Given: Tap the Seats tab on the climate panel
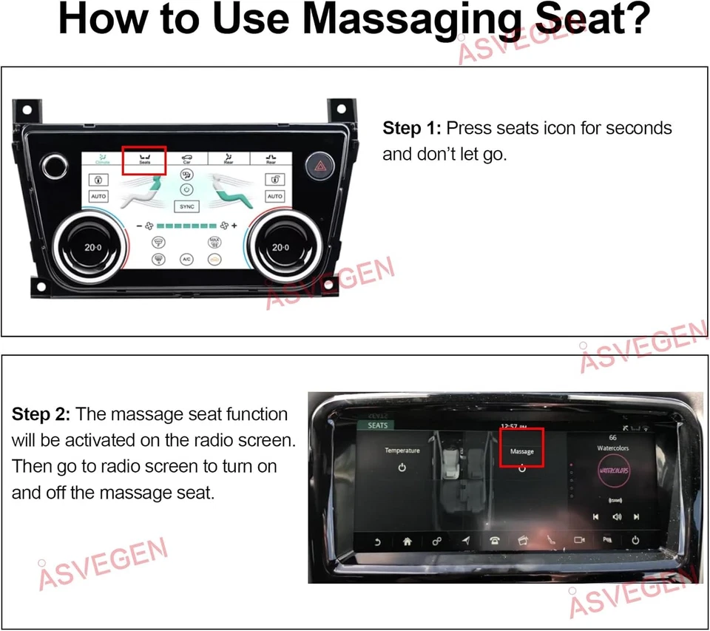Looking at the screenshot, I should pos(144,158).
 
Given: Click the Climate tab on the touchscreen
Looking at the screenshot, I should pos(102,158).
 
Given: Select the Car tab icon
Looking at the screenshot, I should pos(186,158).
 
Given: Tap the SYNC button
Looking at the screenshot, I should pos(186,207).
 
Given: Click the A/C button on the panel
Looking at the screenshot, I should pos(186,260).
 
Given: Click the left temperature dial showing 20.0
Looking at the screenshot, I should pos(93,247).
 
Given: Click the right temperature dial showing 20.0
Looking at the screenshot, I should pos(280,247).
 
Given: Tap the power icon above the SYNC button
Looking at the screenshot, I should pos(186,189).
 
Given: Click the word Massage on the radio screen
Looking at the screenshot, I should pos(521,451).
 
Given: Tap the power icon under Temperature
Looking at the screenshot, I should pos(402,468).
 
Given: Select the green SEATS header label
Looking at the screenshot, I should pos(377,425).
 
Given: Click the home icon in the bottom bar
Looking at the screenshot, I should pos(406,541).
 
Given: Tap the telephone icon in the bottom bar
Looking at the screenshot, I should pos(493,541).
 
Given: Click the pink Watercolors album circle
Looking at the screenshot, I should pos(612,471).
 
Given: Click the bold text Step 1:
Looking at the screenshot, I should pos(412,128).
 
